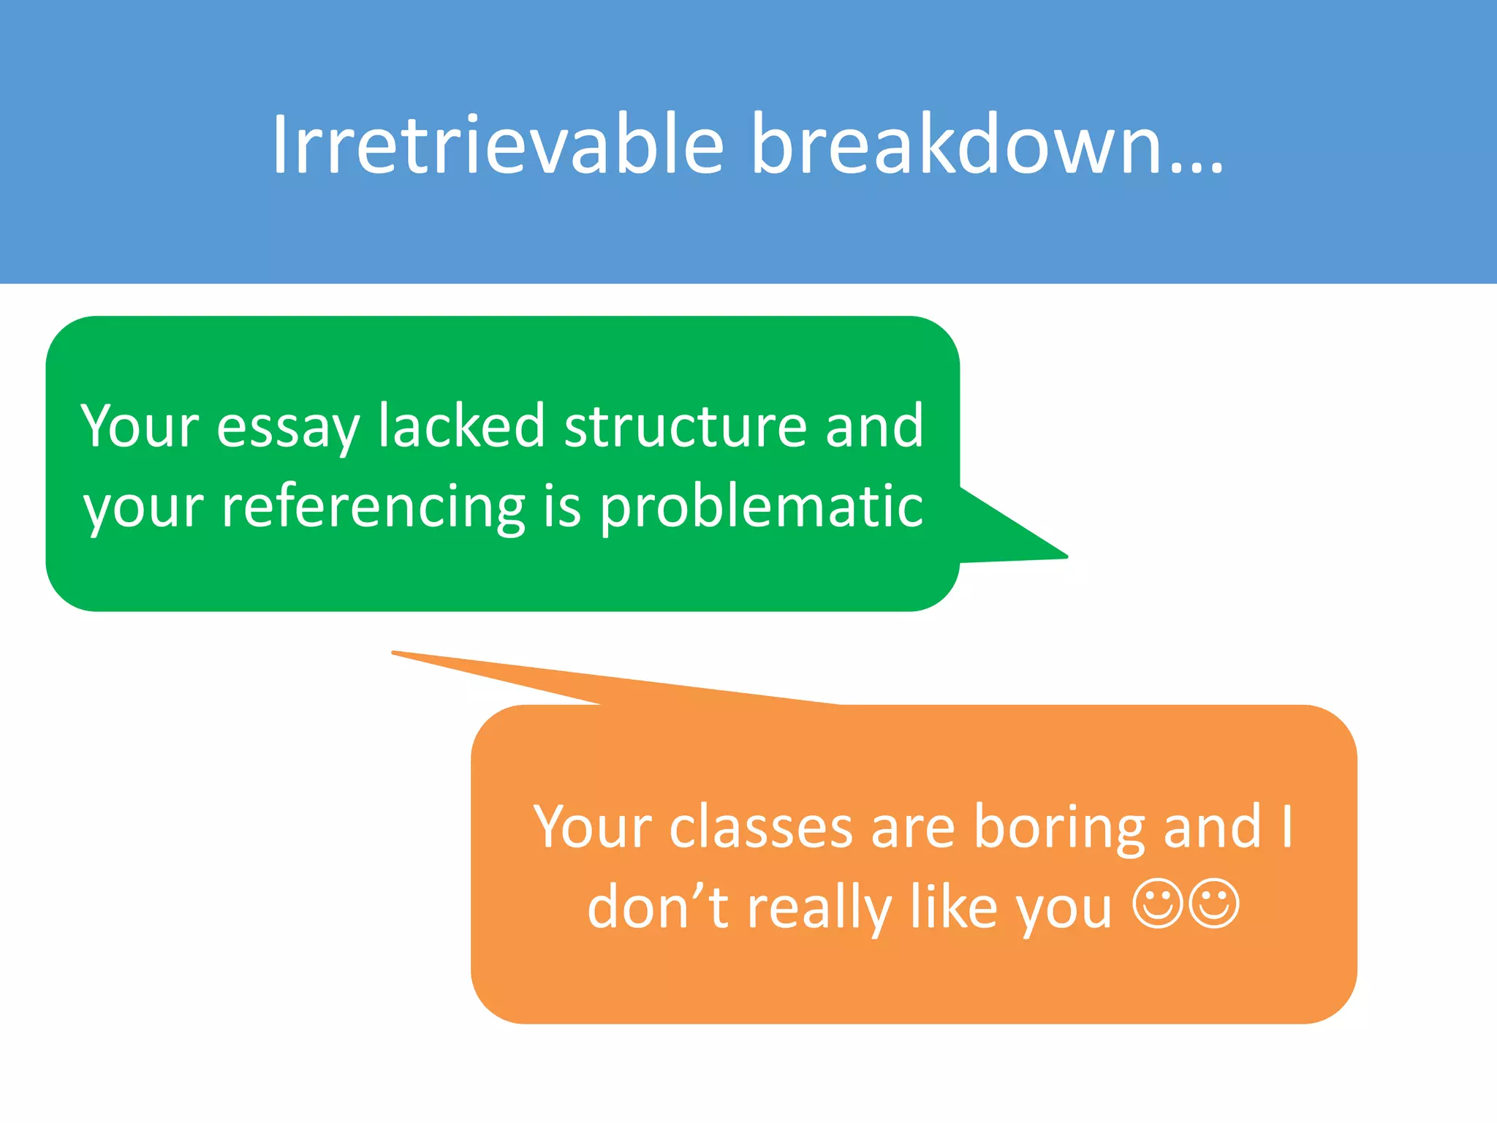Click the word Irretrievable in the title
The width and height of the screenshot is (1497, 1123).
[x=497, y=144]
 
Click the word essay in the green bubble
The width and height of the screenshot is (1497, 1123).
[x=288, y=427]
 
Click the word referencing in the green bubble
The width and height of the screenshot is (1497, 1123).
[x=373, y=507]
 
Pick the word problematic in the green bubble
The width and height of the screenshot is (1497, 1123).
[x=761, y=507]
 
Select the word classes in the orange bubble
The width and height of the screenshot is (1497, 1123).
[x=760, y=828]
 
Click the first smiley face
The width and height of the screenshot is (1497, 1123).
[x=1157, y=904]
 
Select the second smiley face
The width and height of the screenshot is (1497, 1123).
[x=1214, y=904]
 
